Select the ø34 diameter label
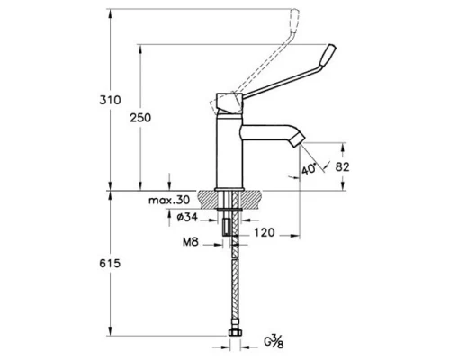point(188,218)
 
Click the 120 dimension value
point(264,231)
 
